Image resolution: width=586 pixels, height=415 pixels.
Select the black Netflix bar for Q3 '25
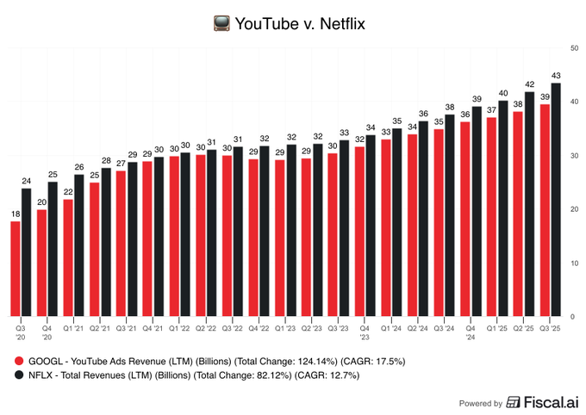556,199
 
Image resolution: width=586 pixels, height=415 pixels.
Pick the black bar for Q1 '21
79,245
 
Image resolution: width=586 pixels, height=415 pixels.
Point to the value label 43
556,76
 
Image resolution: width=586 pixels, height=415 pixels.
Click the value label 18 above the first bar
16,214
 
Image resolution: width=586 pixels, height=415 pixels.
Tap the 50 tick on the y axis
573,46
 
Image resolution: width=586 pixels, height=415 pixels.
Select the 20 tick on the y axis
573,209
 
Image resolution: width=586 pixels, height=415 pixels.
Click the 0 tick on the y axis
573,317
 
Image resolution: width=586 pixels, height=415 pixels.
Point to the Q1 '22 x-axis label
179,327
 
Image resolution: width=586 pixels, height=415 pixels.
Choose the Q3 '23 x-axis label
339,327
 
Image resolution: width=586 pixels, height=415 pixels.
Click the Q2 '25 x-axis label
524,327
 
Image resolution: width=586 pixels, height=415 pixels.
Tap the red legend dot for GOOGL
19,362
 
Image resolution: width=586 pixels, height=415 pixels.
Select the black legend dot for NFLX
19,375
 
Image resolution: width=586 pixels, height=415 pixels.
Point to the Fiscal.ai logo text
547,402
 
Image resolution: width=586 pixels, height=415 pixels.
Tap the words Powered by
480,403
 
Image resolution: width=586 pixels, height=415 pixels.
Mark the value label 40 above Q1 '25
503,93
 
